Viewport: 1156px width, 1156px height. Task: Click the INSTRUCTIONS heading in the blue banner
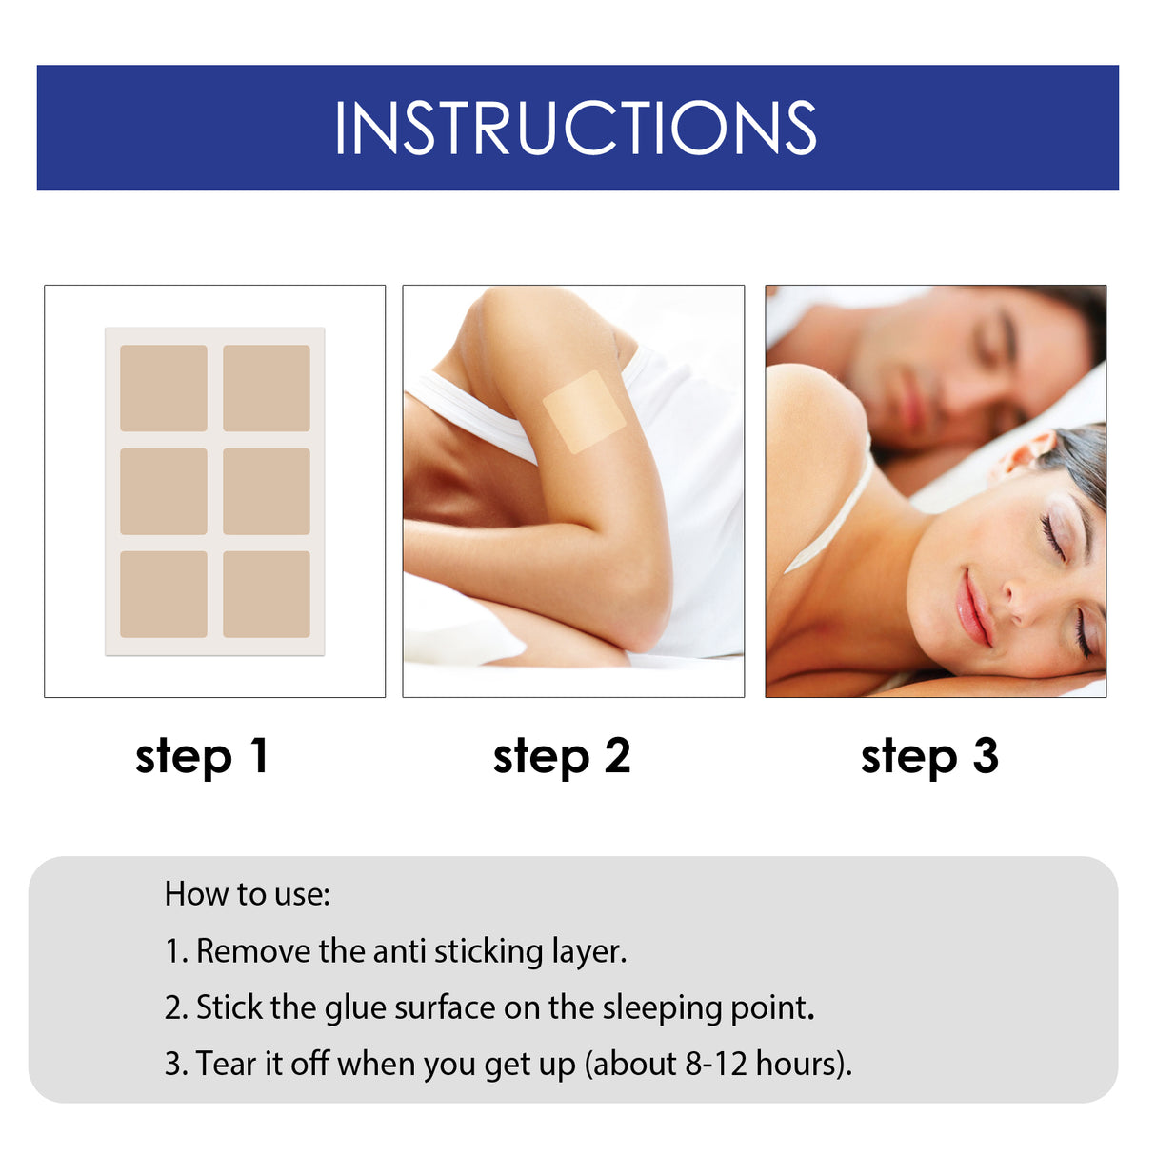[575, 128]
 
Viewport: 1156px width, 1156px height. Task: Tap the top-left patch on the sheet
[164, 388]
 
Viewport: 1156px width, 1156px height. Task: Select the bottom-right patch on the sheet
[267, 594]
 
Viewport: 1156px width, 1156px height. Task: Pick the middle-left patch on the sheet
[164, 491]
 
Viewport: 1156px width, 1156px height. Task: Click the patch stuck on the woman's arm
[584, 411]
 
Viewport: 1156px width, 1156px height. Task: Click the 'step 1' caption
[202, 757]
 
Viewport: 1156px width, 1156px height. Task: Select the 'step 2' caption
[562, 757]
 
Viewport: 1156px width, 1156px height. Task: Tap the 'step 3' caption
[929, 757]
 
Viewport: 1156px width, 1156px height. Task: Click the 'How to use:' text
[247, 894]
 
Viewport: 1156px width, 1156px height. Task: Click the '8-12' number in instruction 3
[716, 1064]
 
